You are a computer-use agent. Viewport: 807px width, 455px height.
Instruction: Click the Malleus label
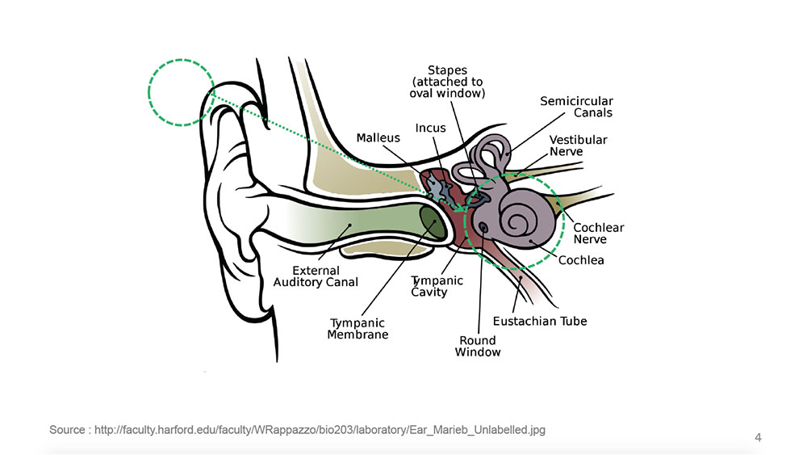pos(378,138)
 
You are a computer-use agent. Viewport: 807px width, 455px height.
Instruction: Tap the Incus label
pos(430,128)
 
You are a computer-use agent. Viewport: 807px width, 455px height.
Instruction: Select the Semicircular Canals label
pos(576,107)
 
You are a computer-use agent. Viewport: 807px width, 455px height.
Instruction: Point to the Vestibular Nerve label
pos(578,145)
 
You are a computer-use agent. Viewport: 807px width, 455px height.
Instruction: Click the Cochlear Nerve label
pos(598,234)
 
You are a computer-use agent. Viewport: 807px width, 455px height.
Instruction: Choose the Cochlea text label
pos(581,260)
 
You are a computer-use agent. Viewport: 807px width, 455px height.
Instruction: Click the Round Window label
pos(478,346)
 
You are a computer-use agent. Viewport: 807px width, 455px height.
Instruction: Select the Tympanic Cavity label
pos(437,286)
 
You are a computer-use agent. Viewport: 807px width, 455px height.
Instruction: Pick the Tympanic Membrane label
pos(358,329)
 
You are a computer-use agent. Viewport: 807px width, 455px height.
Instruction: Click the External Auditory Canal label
pos(316,276)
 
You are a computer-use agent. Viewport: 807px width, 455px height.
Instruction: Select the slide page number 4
pos(758,438)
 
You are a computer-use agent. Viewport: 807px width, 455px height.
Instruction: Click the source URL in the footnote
pos(320,430)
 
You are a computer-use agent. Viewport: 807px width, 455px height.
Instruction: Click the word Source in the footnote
pos(67,430)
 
